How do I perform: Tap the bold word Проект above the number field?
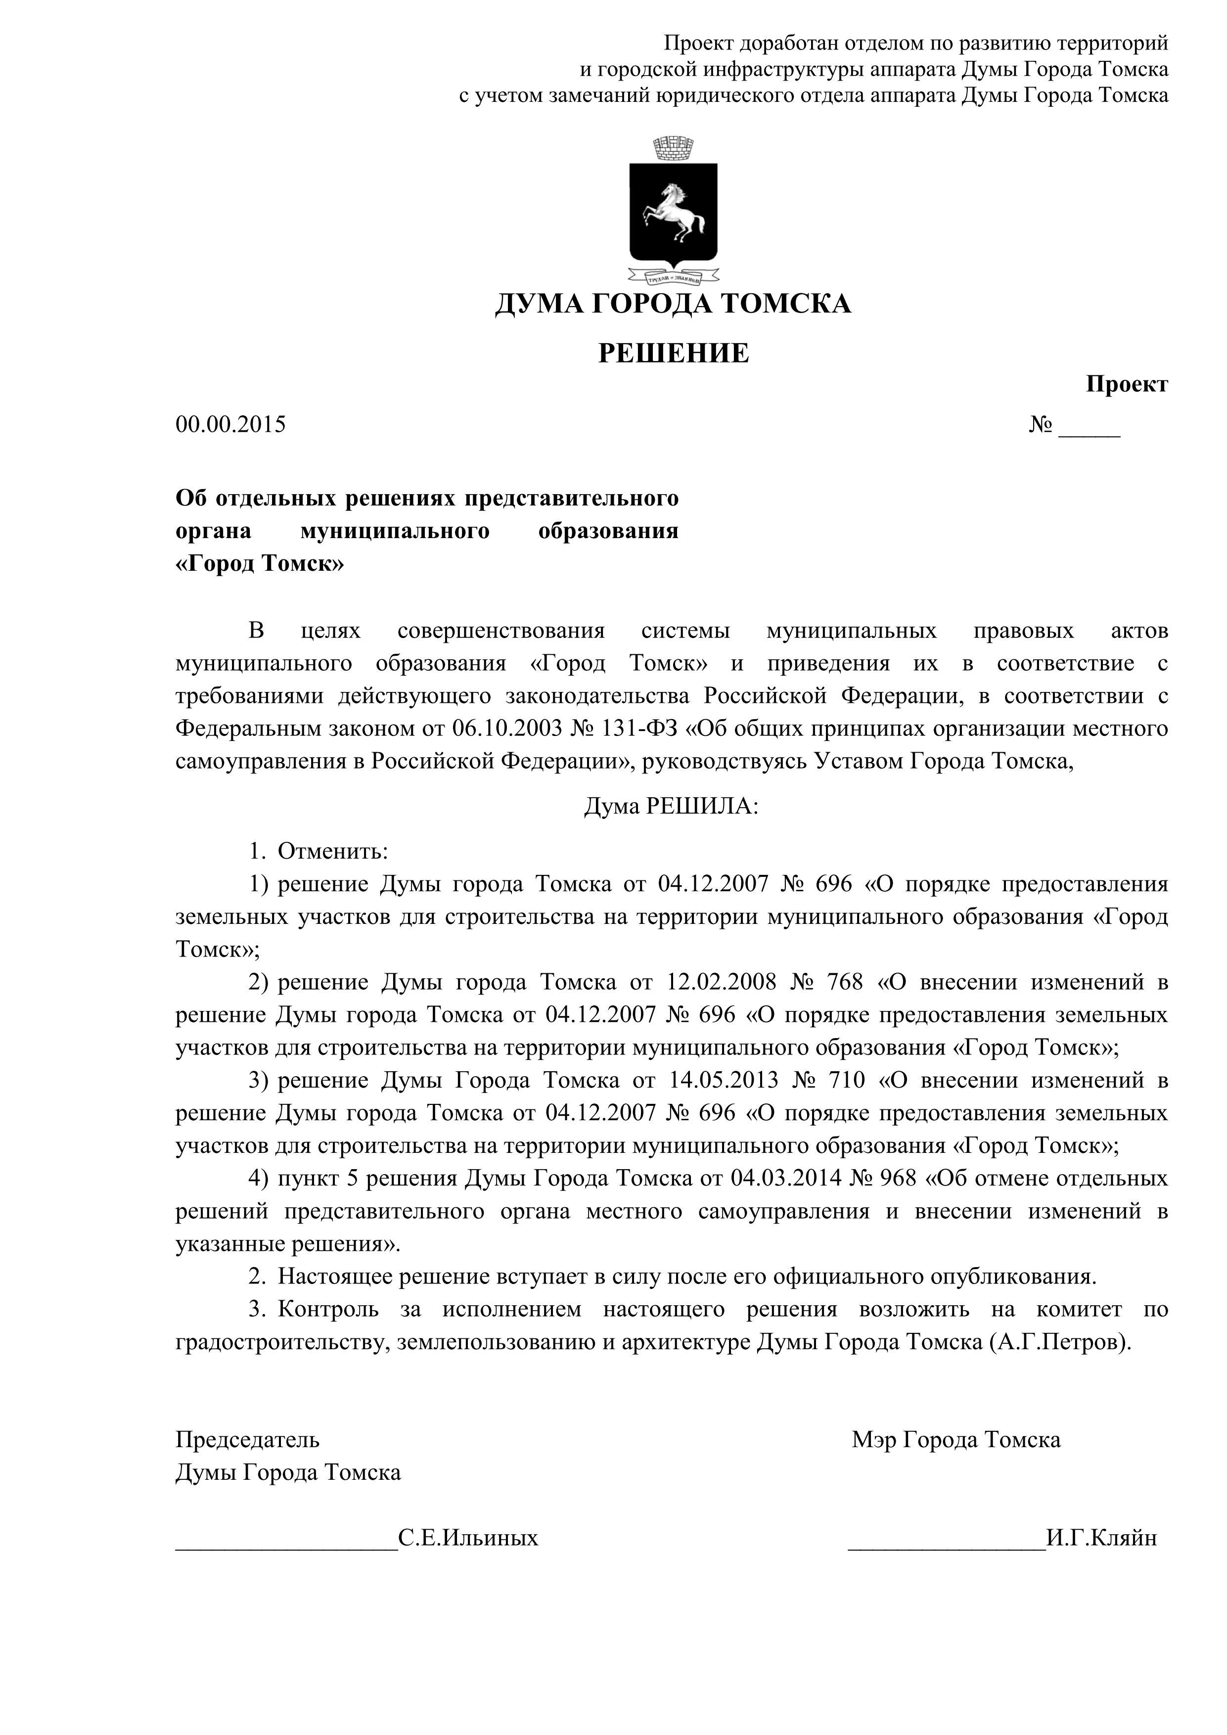[x=1127, y=385]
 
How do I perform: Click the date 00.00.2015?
[x=231, y=425]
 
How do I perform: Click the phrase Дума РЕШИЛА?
[x=671, y=807]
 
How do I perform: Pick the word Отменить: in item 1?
[x=332, y=852]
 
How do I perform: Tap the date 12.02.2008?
[x=722, y=982]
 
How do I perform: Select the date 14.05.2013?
[x=724, y=1081]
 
